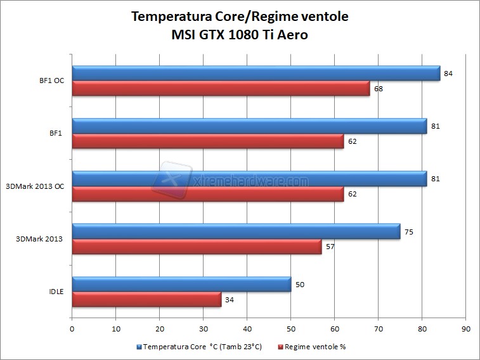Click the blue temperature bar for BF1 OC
click(256, 74)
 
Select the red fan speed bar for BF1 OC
click(221, 89)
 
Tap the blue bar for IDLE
click(181, 285)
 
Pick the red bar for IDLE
click(146, 299)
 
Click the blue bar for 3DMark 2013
click(236, 232)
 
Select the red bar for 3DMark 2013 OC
click(208, 194)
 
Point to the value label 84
click(448, 74)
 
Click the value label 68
click(379, 89)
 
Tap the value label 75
click(409, 232)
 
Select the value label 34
click(230, 300)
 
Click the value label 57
click(330, 247)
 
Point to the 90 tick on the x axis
click(466, 329)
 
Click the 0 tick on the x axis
click(72, 329)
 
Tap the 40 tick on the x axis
click(247, 329)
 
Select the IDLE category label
click(56, 292)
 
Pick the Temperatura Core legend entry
click(199, 347)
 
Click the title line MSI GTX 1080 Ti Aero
click(240, 35)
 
